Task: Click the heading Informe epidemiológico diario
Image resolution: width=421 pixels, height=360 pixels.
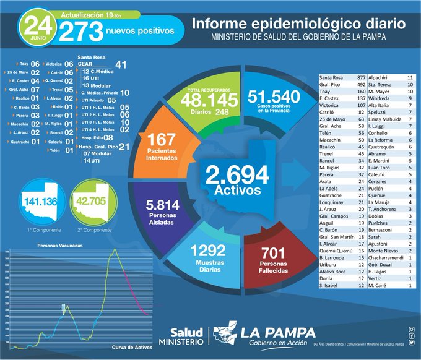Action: (x=298, y=24)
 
